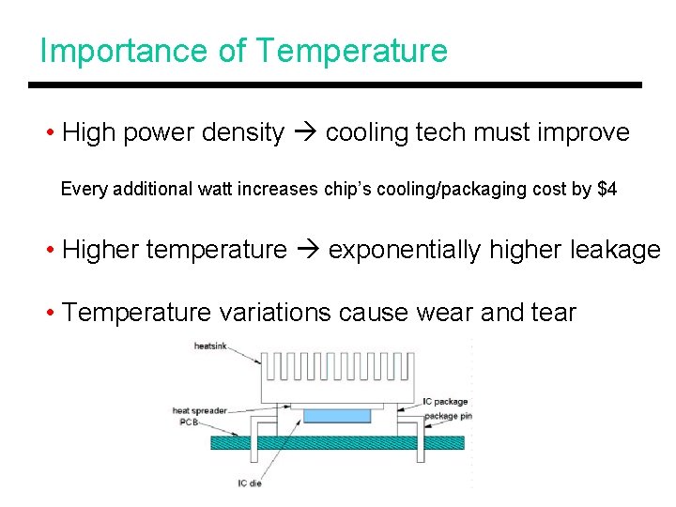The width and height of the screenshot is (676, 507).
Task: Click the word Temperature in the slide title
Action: tap(351, 51)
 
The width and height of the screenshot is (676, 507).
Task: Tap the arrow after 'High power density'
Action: tap(304, 133)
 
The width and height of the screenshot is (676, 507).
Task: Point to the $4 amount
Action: tap(607, 189)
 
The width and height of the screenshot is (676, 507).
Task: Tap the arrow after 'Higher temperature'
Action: tap(307, 251)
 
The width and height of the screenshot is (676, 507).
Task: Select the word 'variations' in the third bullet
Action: tap(275, 313)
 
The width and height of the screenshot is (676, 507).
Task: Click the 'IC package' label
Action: tap(445, 403)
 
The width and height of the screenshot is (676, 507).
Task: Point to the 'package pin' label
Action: tap(447, 416)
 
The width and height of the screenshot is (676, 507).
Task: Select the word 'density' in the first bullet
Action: tap(246, 133)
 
